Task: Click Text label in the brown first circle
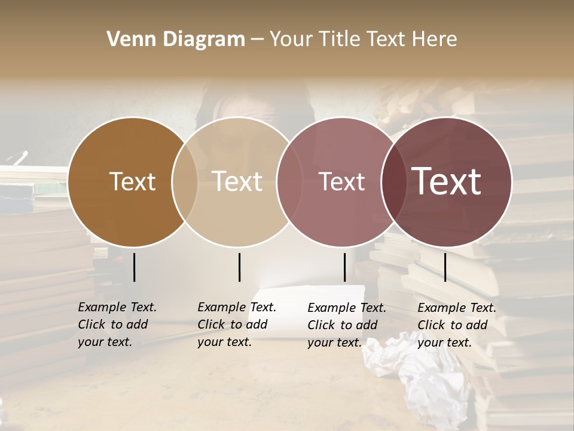132,181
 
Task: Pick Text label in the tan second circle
237,181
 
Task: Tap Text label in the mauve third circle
341,181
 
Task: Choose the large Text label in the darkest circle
447,181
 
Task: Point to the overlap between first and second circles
185,182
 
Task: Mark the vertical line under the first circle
135,267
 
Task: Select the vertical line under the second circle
239,267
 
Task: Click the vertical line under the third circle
345,267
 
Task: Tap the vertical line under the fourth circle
445,267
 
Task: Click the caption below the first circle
117,324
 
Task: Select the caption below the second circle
237,324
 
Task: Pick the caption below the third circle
347,325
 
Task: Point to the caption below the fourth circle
457,325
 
